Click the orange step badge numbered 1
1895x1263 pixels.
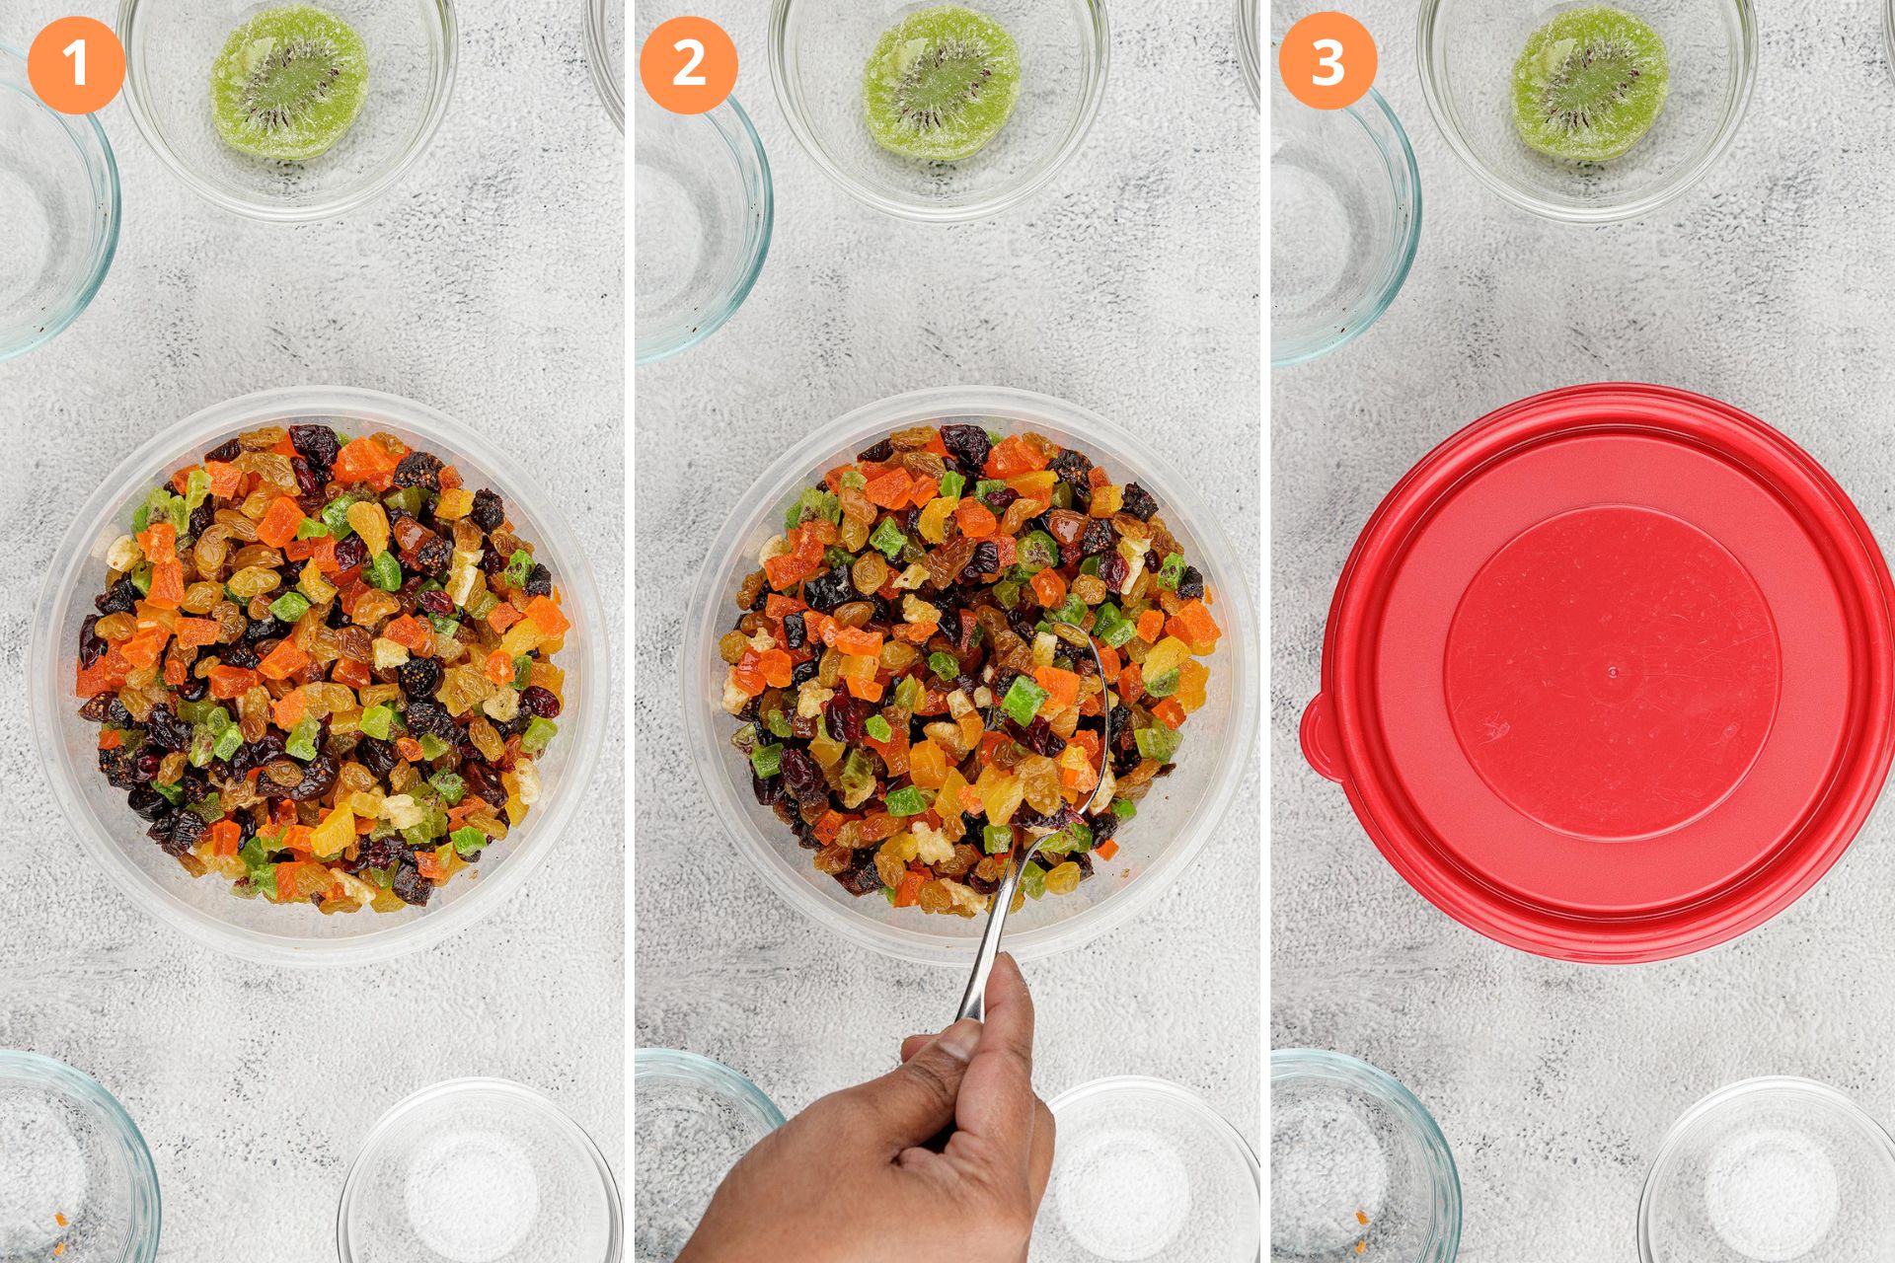pos(76,64)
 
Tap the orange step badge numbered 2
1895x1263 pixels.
pos(688,64)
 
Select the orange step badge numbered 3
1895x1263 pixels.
pos(1327,61)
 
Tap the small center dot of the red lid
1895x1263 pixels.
pos(1613,674)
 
